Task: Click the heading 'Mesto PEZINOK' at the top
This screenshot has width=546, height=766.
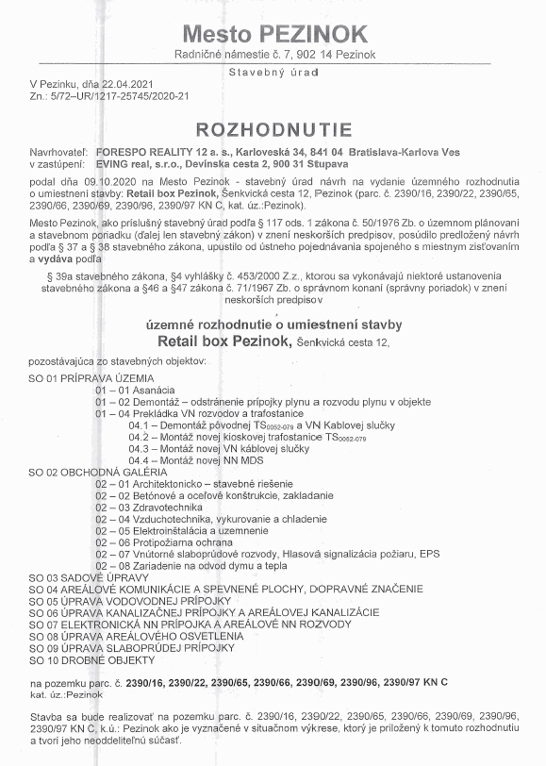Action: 274,34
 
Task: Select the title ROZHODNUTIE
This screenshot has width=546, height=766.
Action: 273,129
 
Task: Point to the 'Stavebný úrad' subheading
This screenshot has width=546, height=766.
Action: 273,72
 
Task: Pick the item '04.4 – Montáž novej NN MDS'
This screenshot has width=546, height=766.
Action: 196,459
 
